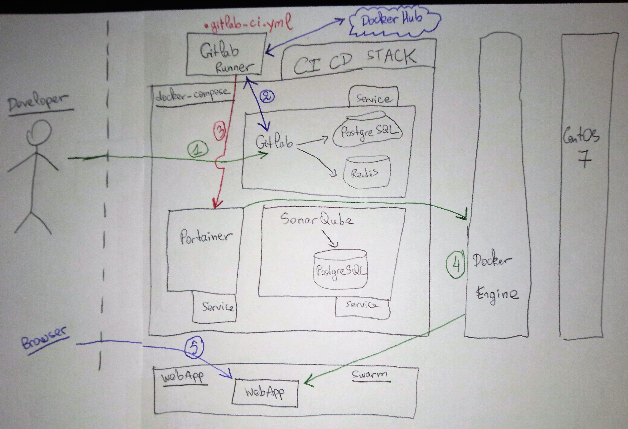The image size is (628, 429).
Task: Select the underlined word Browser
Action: [45, 338]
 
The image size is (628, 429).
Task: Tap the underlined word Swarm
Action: [370, 374]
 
